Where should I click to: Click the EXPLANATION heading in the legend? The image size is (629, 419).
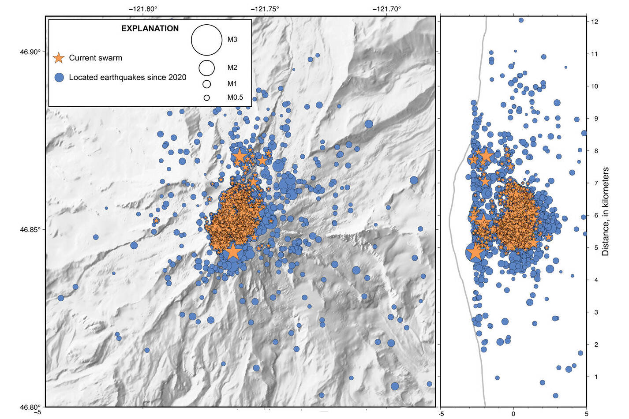[x=150, y=29]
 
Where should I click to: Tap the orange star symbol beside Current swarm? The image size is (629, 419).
[x=59, y=58]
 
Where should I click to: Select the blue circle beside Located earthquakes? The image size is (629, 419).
[x=59, y=77]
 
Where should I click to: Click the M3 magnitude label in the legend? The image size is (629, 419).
[x=232, y=40]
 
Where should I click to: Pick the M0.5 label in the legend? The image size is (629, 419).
[x=235, y=97]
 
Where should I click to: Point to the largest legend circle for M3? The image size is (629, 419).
[x=206, y=40]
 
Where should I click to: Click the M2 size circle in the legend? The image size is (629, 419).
[x=206, y=68]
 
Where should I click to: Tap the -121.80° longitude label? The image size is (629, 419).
[x=143, y=8]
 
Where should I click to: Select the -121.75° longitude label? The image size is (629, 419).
[x=265, y=8]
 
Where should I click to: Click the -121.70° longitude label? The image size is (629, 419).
[x=387, y=8]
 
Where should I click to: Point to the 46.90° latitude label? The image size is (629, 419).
[x=30, y=52]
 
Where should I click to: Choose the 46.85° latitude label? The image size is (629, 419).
[x=30, y=230]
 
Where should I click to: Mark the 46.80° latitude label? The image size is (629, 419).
[x=30, y=407]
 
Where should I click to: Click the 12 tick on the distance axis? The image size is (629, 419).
[x=595, y=22]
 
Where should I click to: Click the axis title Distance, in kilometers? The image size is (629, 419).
[x=605, y=211]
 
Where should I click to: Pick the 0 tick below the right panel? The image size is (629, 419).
[x=513, y=414]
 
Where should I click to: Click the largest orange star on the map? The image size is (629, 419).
[x=233, y=251]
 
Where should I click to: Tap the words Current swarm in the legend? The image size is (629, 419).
[x=95, y=58]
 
